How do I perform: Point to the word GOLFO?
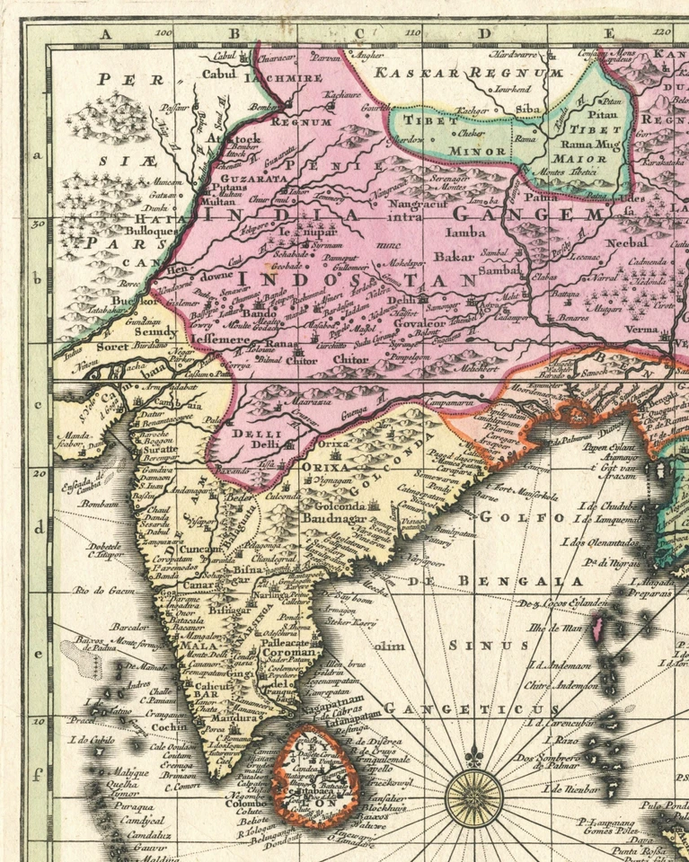[x=508, y=517]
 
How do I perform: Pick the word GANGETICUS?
[x=459, y=709]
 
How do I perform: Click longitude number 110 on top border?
[x=412, y=33]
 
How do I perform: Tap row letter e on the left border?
[x=39, y=654]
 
